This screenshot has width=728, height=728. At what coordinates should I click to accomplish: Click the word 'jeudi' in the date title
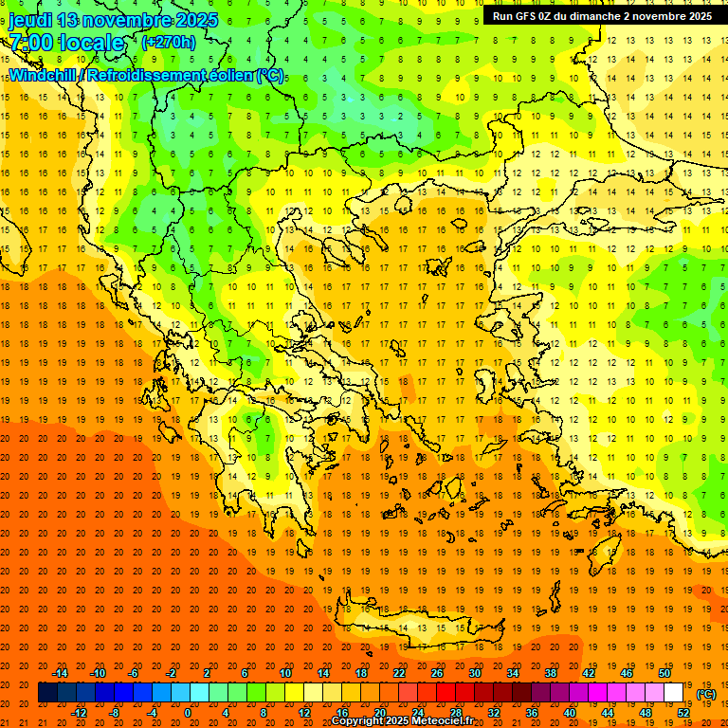(x=30, y=20)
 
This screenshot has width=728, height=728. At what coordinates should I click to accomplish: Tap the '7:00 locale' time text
(x=66, y=43)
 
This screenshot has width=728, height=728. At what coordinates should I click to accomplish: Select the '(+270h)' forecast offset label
(x=168, y=42)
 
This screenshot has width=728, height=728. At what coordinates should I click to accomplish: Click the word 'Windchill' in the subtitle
(x=43, y=75)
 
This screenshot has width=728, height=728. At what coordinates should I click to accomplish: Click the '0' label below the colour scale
(x=189, y=712)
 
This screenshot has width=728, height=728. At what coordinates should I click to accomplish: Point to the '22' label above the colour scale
(x=398, y=673)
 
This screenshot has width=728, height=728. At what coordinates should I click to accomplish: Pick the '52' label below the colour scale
(x=682, y=712)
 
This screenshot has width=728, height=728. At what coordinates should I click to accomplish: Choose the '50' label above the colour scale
(x=664, y=673)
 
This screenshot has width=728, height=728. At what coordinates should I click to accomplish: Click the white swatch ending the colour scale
(x=673, y=692)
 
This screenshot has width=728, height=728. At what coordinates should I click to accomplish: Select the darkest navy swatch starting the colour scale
(x=47, y=692)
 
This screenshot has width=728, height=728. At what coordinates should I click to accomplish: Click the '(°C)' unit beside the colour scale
(x=705, y=693)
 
